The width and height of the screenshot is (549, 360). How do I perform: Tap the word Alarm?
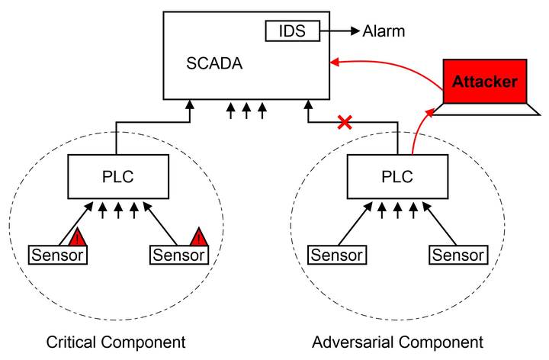(x=384, y=31)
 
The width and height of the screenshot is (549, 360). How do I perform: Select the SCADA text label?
(x=214, y=63)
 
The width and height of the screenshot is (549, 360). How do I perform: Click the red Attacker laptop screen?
(x=485, y=80)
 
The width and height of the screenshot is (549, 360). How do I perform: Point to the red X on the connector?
(x=345, y=121)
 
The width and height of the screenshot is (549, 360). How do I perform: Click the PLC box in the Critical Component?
(x=117, y=177)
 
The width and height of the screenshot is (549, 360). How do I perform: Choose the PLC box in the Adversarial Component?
(x=396, y=177)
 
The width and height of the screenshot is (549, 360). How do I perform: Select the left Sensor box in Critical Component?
(x=58, y=255)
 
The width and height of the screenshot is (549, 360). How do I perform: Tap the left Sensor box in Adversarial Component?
(x=336, y=255)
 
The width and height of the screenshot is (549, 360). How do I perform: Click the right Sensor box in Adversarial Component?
(x=457, y=255)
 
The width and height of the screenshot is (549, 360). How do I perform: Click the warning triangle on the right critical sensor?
(x=198, y=236)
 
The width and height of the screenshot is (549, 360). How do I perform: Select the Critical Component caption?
(x=116, y=342)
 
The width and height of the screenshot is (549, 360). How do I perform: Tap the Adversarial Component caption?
(x=398, y=342)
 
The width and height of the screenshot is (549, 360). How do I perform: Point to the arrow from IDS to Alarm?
(x=340, y=31)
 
